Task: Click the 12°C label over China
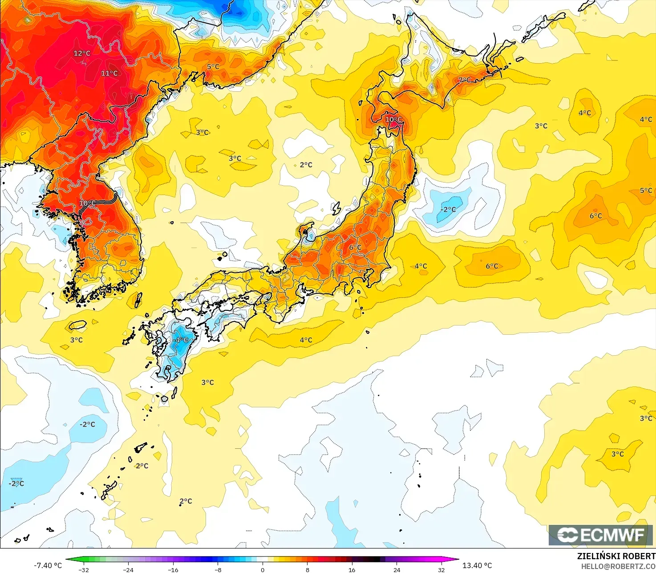click(82, 53)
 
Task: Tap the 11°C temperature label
click(109, 73)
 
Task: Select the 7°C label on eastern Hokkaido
click(464, 80)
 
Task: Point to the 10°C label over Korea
click(87, 203)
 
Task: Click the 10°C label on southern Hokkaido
click(393, 119)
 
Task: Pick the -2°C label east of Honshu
click(448, 209)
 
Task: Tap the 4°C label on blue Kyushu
click(182, 340)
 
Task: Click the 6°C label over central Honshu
click(355, 248)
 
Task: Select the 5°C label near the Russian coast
click(213, 67)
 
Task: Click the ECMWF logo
click(600, 535)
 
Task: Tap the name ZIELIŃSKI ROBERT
click(616, 556)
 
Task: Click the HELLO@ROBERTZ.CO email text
click(618, 566)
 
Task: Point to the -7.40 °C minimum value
click(48, 565)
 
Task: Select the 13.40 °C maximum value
click(477, 565)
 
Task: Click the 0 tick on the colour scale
click(263, 569)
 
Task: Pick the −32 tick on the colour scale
click(83, 569)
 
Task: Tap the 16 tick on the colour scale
click(352, 569)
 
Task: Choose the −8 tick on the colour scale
click(218, 569)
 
